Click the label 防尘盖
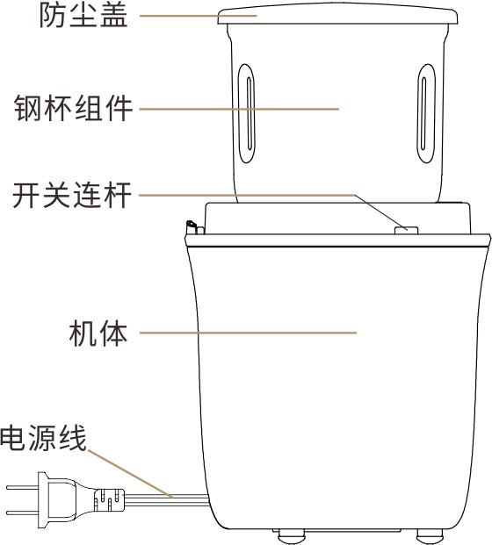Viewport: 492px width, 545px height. coord(83,16)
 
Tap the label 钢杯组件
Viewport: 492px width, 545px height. coord(73,108)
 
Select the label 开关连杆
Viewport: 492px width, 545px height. coord(72,195)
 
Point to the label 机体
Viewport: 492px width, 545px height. coord(98,333)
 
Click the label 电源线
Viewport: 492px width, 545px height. coord(43,438)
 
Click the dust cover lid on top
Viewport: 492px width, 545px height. coord(337,14)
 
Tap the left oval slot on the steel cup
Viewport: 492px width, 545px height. coord(246,113)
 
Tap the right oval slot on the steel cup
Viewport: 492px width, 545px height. coord(426,113)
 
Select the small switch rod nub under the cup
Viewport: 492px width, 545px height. coord(407,231)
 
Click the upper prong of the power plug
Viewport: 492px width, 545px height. coord(22,488)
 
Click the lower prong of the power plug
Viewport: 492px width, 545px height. coord(22,513)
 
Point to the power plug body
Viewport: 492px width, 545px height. coord(57,500)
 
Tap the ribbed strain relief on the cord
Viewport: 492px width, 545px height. coord(109,499)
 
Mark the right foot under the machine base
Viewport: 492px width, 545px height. coord(430,536)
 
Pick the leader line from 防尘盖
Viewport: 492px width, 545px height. coord(199,16)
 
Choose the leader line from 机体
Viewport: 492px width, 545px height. coord(248,333)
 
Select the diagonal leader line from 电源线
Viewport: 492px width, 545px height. coord(131,474)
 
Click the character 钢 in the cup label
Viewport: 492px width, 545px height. coord(28,108)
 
